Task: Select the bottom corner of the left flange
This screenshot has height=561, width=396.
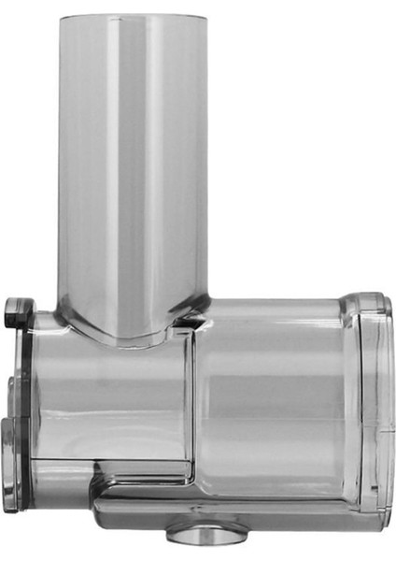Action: click(x=11, y=510)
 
